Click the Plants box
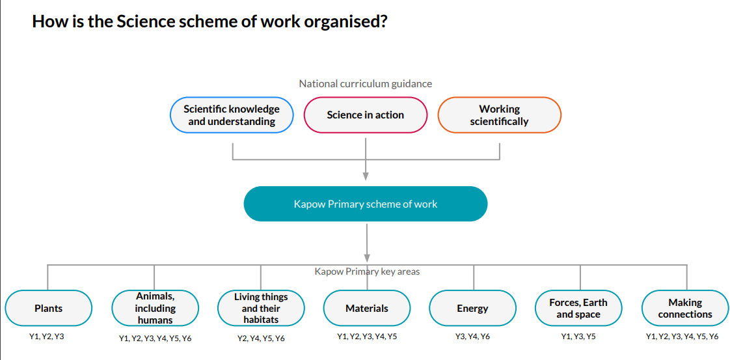[x=49, y=308]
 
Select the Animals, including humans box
[x=155, y=308]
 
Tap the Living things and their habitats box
[x=261, y=308]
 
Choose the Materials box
[x=367, y=308]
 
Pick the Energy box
[x=472, y=308]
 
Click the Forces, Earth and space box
[x=578, y=308]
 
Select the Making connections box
[x=685, y=308]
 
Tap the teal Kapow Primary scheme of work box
[x=365, y=204]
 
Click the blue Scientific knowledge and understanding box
[x=232, y=115]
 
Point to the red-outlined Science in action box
[x=366, y=115]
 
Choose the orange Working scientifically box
[x=499, y=115]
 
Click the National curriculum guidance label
[x=365, y=83]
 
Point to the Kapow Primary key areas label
[x=367, y=271]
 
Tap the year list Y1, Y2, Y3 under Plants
[x=47, y=337]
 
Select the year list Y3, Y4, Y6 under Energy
[x=472, y=337]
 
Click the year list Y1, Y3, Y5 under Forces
[x=578, y=337]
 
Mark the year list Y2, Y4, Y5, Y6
[x=262, y=339]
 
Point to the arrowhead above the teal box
[x=366, y=175]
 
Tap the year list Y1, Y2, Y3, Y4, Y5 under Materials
[x=367, y=337]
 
